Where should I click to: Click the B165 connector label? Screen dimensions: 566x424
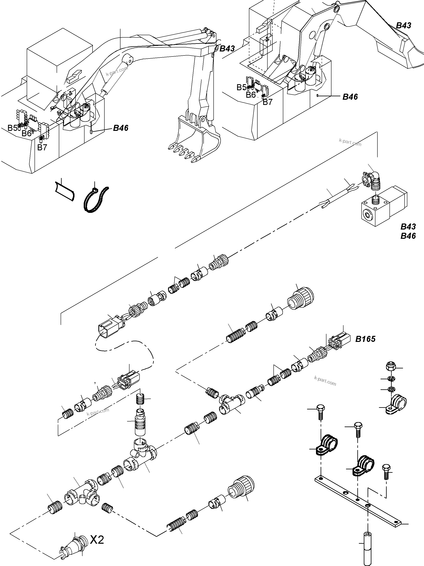365,339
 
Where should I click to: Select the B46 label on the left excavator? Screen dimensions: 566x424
121,128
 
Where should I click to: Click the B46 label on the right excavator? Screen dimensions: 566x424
350,97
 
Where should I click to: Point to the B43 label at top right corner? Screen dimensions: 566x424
404,26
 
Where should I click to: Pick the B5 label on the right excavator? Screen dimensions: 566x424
241,87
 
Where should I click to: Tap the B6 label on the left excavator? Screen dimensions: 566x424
26,133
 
